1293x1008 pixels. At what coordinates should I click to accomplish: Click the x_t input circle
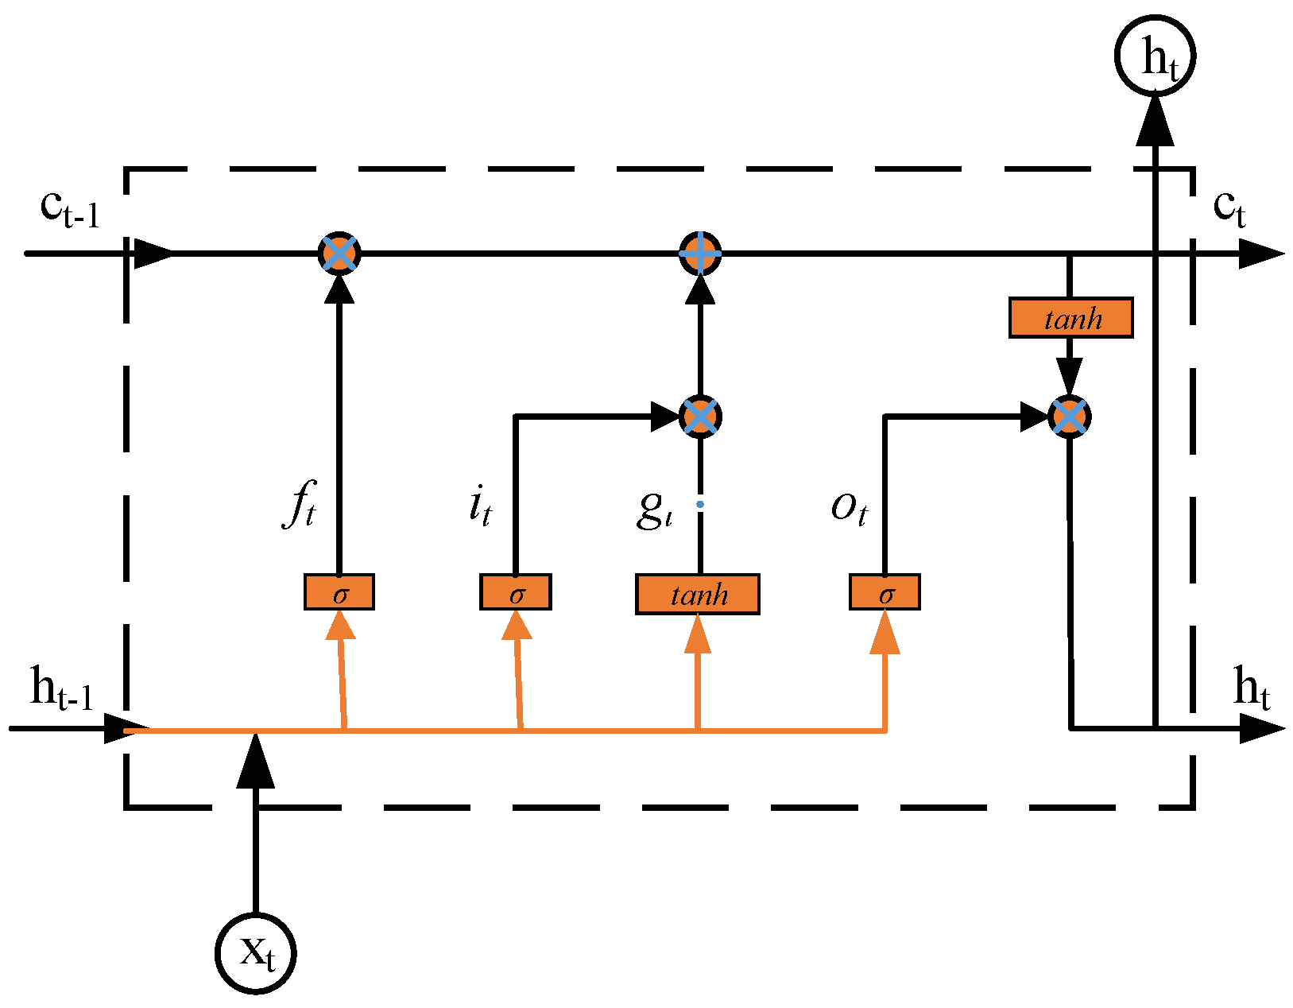click(x=256, y=952)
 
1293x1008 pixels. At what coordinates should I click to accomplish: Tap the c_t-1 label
click(x=70, y=209)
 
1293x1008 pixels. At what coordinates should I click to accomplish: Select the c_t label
click(x=1229, y=208)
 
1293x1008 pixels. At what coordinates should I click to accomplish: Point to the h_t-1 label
click(x=61, y=688)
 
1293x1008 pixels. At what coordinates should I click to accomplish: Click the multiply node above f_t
click(x=339, y=254)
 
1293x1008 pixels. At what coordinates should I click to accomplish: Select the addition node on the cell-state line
click(x=700, y=254)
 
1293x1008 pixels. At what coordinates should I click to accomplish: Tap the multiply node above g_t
click(x=700, y=417)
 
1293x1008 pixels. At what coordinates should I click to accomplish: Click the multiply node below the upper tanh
click(x=1069, y=417)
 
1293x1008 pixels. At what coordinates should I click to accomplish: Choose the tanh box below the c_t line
click(x=1070, y=318)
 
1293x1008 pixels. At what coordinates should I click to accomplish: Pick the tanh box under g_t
click(x=698, y=594)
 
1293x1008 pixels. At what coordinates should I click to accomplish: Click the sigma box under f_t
click(x=339, y=592)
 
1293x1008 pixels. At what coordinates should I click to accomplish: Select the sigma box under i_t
click(x=516, y=592)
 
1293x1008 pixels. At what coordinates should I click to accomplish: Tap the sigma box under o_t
click(x=885, y=592)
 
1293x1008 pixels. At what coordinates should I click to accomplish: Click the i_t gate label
click(x=480, y=506)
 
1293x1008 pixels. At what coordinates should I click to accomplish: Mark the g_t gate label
click(x=654, y=509)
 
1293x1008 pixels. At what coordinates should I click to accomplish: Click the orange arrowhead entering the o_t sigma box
click(x=885, y=634)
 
